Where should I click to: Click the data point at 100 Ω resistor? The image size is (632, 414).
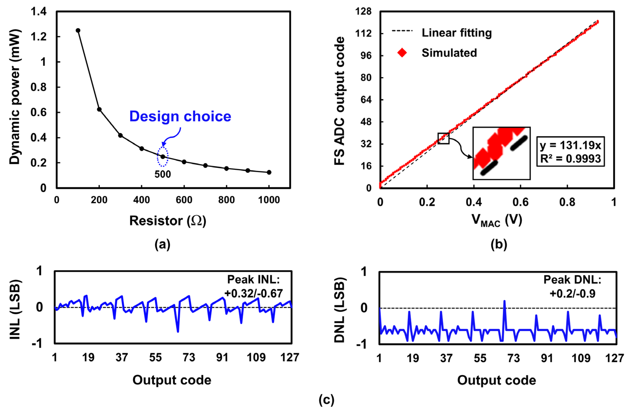[78, 30]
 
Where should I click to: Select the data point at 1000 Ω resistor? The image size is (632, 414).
[269, 172]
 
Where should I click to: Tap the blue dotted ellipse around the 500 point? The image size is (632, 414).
[163, 157]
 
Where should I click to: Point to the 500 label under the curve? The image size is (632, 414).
[163, 174]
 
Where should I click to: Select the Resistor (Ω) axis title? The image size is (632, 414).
[167, 221]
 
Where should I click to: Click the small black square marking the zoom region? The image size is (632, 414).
[443, 138]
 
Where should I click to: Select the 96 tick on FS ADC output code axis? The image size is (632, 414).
[366, 56]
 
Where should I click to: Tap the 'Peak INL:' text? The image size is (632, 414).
[253, 279]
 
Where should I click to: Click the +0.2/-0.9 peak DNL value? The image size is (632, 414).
[572, 294]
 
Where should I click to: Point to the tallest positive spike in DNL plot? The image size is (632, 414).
[504, 301]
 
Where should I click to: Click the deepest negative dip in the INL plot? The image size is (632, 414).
[178, 331]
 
